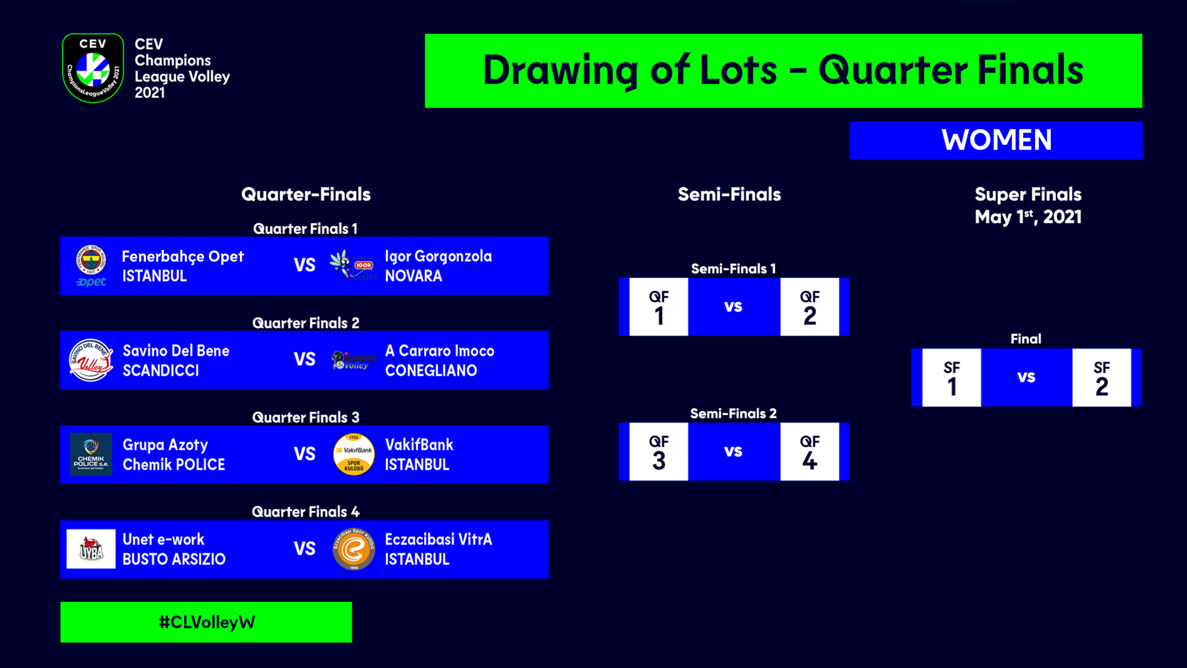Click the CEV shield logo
click(x=93, y=68)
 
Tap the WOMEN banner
click(x=996, y=140)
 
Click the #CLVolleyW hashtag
click(x=206, y=622)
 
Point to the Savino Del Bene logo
click(x=91, y=360)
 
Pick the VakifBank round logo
click(x=354, y=455)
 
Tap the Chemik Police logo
click(x=91, y=455)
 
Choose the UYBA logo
click(x=91, y=549)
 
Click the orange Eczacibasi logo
click(x=354, y=549)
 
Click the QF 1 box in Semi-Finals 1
click(x=658, y=307)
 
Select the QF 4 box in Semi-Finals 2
click(x=810, y=452)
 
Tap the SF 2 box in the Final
click(x=1102, y=377)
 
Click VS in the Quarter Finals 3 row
click(x=305, y=454)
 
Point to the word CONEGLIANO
click(x=431, y=370)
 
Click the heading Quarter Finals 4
click(x=305, y=512)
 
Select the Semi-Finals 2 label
click(x=733, y=413)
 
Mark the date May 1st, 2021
click(x=1028, y=217)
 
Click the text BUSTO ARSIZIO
click(x=174, y=559)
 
